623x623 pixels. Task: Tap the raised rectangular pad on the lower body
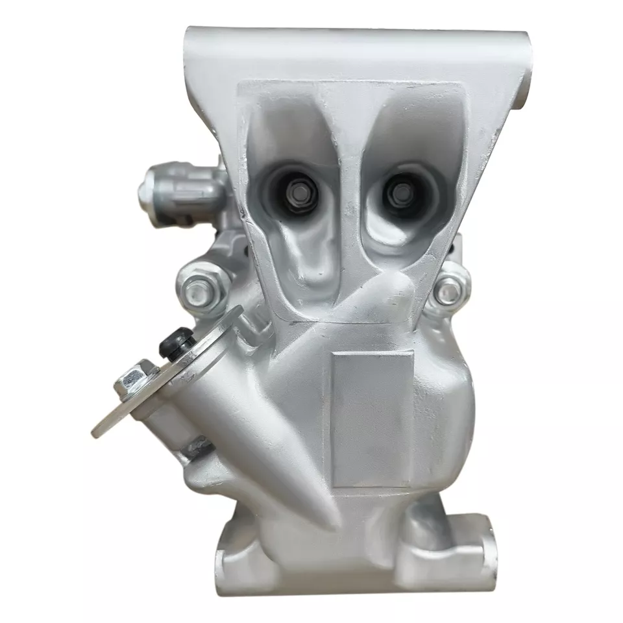pyautogui.click(x=372, y=419)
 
